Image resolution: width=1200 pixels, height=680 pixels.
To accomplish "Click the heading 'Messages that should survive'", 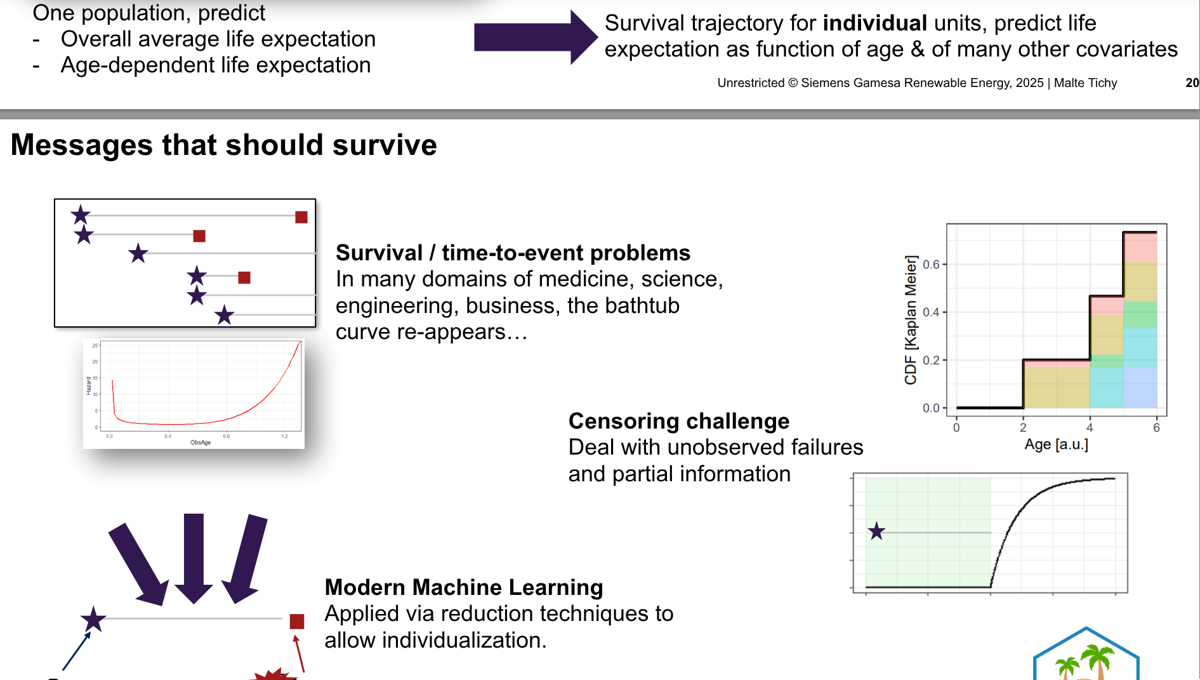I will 223,145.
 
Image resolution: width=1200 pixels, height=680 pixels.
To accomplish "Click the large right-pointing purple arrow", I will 534,37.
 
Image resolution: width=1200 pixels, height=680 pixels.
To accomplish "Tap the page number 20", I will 1192,83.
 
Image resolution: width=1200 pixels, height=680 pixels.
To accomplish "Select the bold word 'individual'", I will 874,23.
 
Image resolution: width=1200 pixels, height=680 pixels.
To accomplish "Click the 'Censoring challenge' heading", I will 678,421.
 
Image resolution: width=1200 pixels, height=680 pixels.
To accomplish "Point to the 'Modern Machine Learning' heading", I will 463,587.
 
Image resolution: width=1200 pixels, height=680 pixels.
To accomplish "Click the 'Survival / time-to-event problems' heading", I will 512,253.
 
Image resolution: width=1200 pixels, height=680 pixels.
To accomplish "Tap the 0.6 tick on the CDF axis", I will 931,264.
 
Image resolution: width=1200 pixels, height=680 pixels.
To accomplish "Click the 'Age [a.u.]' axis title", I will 1056,444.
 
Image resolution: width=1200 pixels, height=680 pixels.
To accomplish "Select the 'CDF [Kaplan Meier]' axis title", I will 911,320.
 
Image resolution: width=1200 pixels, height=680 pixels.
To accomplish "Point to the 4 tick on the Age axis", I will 1090,428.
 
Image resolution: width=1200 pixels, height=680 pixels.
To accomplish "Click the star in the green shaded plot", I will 876,531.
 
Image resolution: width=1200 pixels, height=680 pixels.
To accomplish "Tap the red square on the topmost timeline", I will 301,217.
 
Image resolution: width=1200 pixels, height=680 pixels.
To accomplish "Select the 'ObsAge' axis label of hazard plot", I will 201,443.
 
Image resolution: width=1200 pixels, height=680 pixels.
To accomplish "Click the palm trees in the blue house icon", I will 1085,662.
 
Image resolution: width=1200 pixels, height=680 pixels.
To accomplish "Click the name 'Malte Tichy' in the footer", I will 1085,83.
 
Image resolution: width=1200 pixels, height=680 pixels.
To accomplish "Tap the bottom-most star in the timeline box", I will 224,315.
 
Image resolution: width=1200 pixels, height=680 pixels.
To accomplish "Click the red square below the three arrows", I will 296,621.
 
